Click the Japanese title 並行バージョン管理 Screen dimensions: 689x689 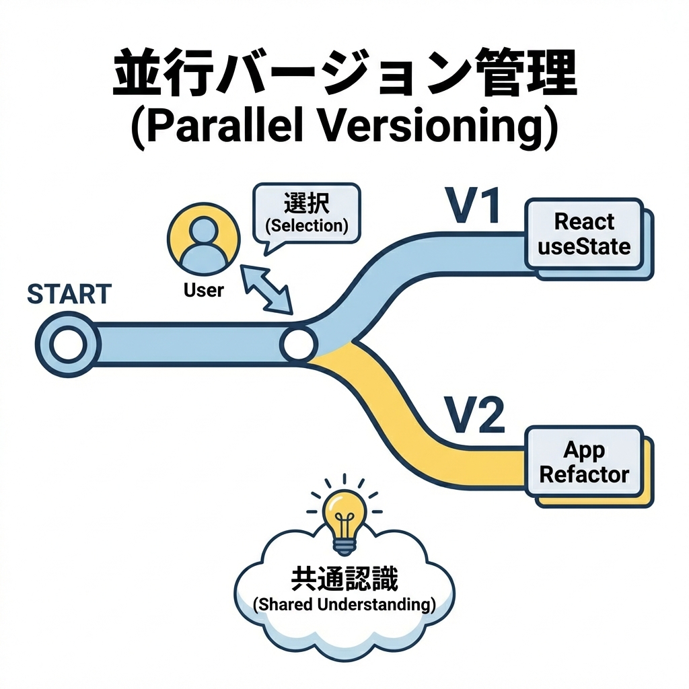[344, 79]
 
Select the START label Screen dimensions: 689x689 [69, 294]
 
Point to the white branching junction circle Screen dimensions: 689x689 [298, 344]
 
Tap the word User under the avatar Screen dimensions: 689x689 [203, 291]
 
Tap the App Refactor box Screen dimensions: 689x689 [584, 463]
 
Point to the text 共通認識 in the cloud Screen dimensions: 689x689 [344, 578]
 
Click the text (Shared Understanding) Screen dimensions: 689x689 [344, 604]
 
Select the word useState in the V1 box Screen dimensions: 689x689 [584, 246]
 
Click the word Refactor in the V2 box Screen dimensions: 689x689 [584, 474]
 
